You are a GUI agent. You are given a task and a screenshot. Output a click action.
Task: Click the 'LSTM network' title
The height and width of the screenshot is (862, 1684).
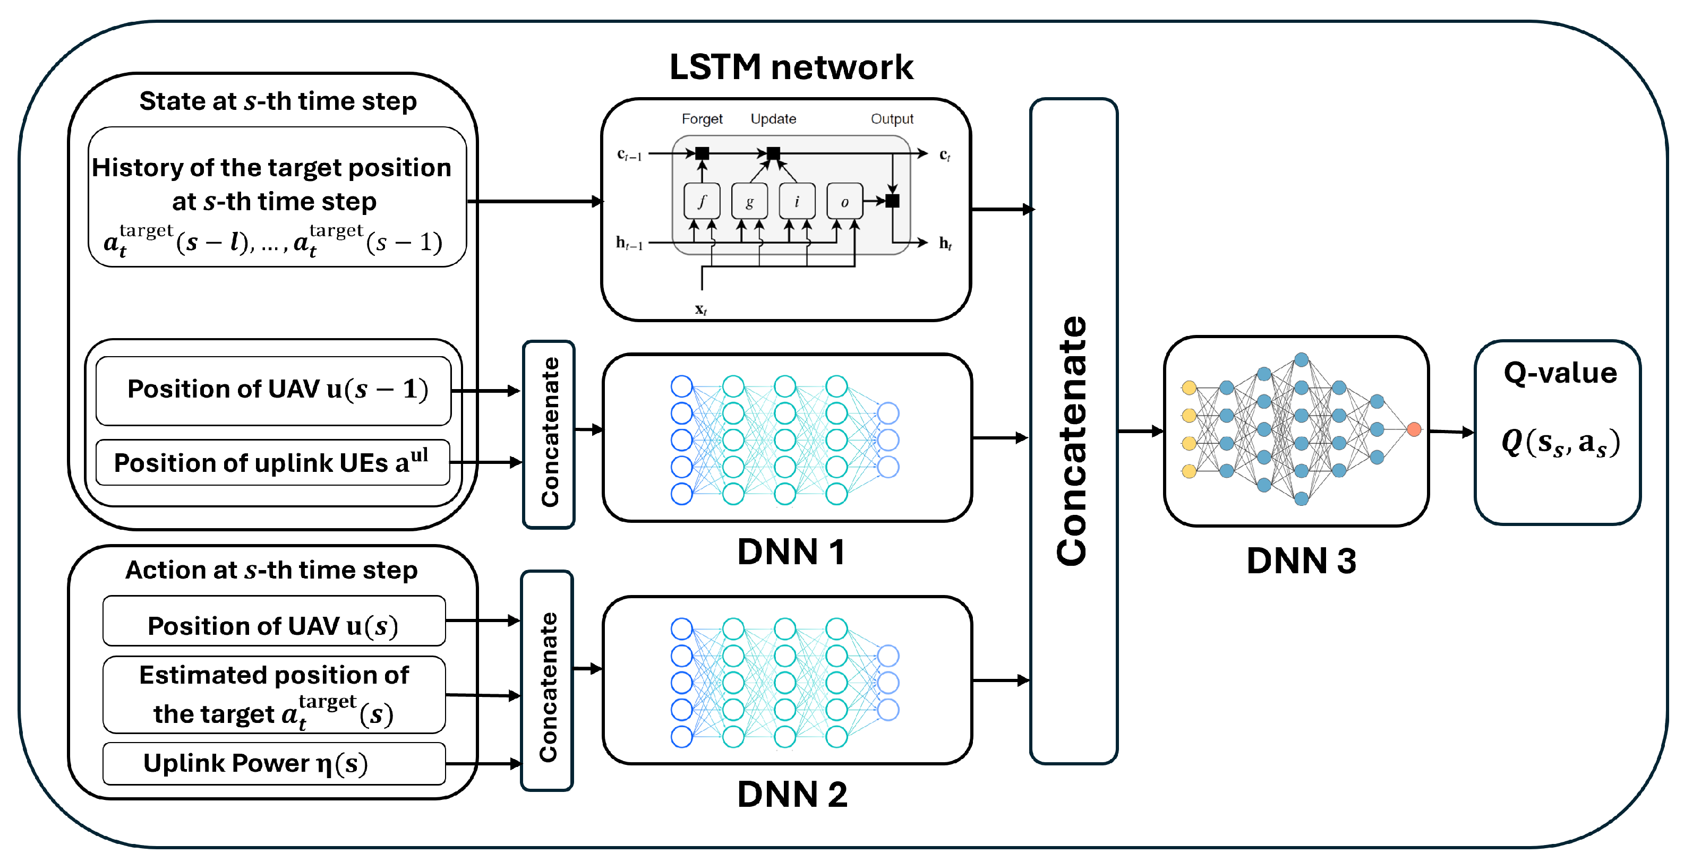(791, 67)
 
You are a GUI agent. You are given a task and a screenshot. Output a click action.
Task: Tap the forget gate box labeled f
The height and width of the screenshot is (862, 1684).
(702, 201)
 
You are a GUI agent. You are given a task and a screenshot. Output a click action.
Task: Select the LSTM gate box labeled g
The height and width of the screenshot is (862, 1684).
(749, 201)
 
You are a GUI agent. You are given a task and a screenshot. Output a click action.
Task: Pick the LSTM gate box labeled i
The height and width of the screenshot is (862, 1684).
(797, 201)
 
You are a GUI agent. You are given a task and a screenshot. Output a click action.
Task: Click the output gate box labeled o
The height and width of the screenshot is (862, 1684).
(844, 201)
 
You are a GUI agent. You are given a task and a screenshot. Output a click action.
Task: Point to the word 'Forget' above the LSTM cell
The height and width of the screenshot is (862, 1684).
(702, 119)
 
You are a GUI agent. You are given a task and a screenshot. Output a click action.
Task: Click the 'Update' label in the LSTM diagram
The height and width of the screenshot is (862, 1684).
(773, 119)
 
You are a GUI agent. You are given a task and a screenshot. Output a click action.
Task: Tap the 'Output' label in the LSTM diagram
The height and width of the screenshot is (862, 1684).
(892, 119)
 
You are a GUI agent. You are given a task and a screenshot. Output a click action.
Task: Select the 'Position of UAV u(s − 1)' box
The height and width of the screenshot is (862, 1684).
(273, 390)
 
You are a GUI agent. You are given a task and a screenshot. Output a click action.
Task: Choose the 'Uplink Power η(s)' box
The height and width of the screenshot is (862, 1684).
(274, 763)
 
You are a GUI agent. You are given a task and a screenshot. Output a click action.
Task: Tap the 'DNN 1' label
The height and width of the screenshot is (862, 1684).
(791, 552)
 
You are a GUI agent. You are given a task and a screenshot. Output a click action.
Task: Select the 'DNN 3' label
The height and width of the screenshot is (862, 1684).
(1301, 561)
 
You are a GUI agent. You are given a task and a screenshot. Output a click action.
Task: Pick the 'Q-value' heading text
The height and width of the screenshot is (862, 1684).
(1560, 373)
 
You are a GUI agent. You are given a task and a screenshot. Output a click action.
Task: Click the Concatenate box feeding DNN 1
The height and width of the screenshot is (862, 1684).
(549, 433)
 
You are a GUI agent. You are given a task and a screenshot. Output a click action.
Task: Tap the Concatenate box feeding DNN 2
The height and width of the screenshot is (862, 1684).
(547, 681)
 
